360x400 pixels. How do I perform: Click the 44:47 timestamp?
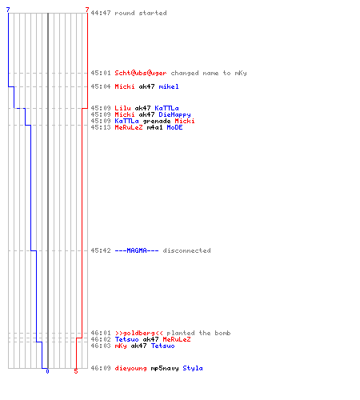(x=101, y=13)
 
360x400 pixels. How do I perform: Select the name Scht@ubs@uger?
(x=141, y=73)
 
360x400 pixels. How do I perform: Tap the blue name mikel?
(x=169, y=86)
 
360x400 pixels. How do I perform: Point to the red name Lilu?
(x=122, y=108)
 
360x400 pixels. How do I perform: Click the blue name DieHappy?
(x=174, y=114)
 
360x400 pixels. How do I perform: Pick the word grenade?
(x=157, y=122)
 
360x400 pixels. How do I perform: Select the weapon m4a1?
(x=154, y=127)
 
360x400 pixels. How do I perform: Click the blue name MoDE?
(x=174, y=127)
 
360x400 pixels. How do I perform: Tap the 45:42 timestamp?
(x=101, y=250)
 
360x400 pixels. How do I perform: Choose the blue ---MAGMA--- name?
(x=137, y=250)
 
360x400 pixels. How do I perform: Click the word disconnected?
(x=186, y=250)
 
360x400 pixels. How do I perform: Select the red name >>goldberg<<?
(x=138, y=333)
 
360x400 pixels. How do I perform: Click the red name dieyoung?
(x=130, y=368)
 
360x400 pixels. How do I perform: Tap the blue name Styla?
(x=193, y=368)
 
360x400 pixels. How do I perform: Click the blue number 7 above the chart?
(x=8, y=10)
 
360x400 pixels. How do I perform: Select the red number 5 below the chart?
(x=76, y=371)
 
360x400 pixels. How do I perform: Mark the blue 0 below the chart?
(x=47, y=371)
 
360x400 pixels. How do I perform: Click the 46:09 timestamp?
(x=101, y=368)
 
